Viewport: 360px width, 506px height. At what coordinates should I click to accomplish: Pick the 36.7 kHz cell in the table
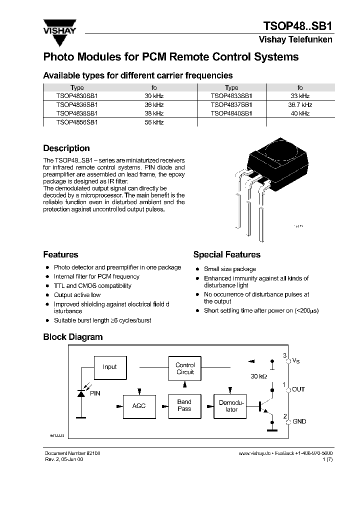(x=299, y=105)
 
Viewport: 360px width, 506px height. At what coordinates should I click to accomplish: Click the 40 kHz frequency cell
(x=299, y=113)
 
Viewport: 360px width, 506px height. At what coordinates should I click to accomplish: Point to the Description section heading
(x=66, y=148)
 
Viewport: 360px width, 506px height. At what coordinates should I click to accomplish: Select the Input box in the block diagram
(x=109, y=367)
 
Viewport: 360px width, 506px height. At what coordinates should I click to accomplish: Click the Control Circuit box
(x=185, y=368)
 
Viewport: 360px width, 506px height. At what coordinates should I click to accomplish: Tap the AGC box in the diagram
(x=138, y=406)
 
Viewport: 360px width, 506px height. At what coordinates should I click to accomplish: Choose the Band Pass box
(x=184, y=405)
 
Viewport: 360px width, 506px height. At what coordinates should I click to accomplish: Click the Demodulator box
(x=231, y=406)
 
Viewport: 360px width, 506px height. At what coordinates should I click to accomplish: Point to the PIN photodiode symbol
(x=81, y=393)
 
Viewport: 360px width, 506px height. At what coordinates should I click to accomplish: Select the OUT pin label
(x=298, y=389)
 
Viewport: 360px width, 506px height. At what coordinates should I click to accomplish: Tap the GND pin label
(x=299, y=421)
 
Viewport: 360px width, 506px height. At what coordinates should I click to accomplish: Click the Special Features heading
(x=226, y=254)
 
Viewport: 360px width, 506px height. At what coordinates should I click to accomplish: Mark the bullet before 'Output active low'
(x=47, y=295)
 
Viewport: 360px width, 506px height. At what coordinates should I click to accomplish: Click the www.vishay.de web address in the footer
(x=254, y=452)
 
